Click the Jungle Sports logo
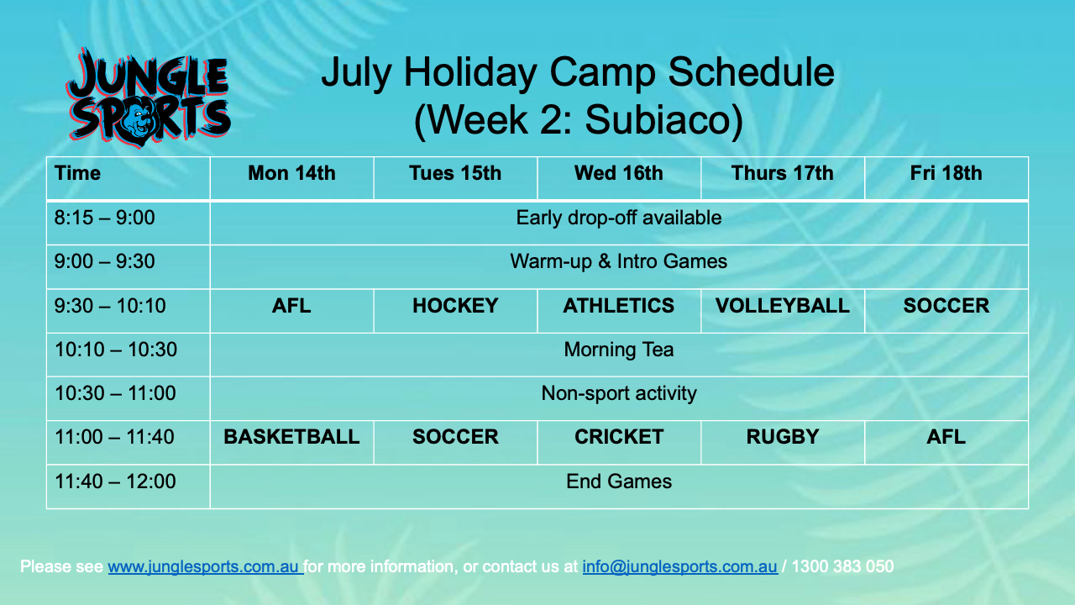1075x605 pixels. pyautogui.click(x=149, y=97)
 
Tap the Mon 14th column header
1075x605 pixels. pyautogui.click(x=291, y=173)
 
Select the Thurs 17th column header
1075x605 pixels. pyautogui.click(x=782, y=173)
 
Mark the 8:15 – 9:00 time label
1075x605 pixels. pyautogui.click(x=105, y=218)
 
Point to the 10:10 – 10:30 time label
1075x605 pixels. pyautogui.click(x=116, y=350)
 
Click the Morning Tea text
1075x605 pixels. pyautogui.click(x=619, y=350)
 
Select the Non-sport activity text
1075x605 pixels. pyautogui.click(x=619, y=394)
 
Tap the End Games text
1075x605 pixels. pyautogui.click(x=619, y=481)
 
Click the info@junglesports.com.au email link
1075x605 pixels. pyautogui.click(x=680, y=566)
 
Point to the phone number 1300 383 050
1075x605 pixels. pyautogui.click(x=842, y=566)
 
